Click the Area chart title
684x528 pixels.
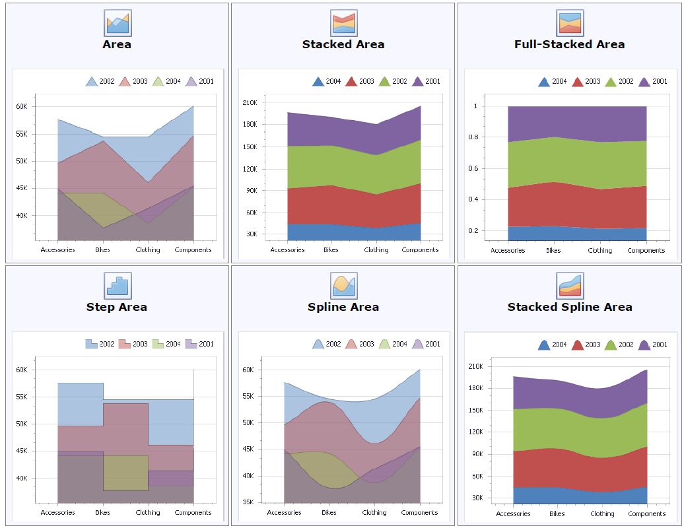(x=117, y=44)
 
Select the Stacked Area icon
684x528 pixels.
(x=343, y=22)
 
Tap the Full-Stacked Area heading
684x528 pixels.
(x=569, y=44)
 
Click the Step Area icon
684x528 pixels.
(x=118, y=285)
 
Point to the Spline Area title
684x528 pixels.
(x=343, y=307)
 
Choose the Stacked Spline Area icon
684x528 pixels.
(x=570, y=285)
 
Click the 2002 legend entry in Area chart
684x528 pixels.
(x=100, y=81)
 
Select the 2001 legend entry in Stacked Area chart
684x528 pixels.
(x=427, y=81)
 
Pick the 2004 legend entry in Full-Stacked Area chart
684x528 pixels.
(x=553, y=82)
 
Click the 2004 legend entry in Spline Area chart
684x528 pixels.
(x=392, y=344)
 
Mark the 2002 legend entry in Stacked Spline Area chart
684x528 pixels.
(x=619, y=345)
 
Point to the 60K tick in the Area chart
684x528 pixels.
(x=21, y=106)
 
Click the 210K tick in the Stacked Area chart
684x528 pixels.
(x=250, y=102)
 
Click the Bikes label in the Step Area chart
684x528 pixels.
(x=102, y=512)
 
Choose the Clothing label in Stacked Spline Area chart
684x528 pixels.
(x=602, y=513)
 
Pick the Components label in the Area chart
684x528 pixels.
(x=193, y=250)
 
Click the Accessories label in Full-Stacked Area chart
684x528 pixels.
(x=508, y=251)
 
